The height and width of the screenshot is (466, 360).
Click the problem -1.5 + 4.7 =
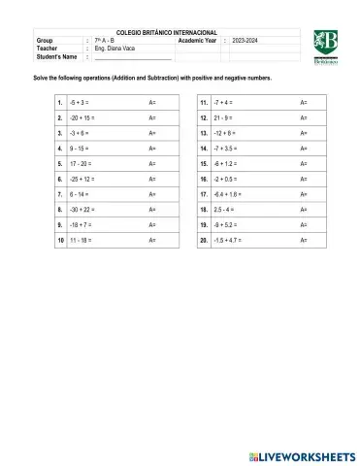(x=228, y=240)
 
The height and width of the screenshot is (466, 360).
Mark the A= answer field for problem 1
(x=152, y=102)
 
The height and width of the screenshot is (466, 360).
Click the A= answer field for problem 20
(x=304, y=240)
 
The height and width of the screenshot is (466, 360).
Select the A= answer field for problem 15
(x=304, y=164)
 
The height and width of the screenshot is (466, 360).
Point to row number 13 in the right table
(x=204, y=133)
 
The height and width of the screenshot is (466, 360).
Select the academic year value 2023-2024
(x=250, y=40)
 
